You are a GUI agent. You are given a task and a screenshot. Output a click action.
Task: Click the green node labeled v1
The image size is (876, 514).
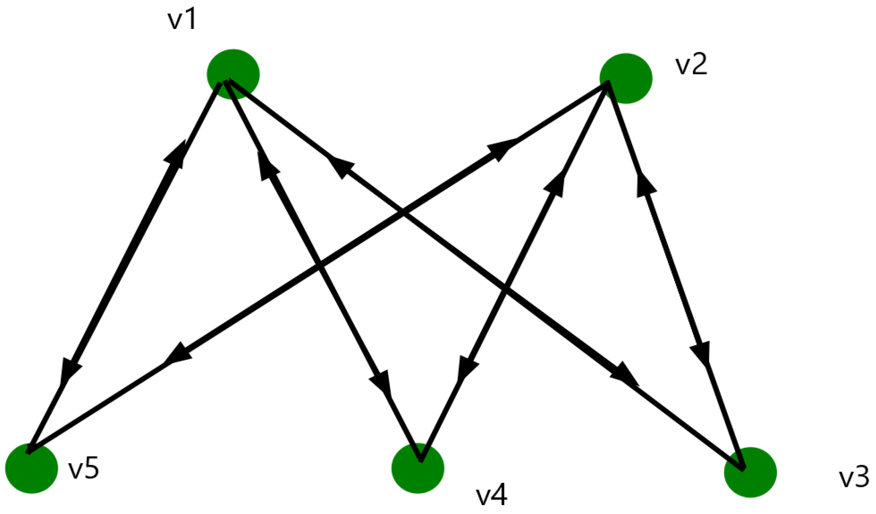point(233,74)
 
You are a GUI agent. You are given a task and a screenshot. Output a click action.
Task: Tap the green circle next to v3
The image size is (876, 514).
point(750,472)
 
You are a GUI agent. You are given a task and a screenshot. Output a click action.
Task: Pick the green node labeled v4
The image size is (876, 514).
point(418,468)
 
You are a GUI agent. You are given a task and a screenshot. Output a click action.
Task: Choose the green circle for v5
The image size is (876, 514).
point(32,468)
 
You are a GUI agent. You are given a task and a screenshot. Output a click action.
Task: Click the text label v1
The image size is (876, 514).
point(182,20)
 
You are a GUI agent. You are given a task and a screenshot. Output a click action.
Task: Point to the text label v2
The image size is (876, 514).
point(691,65)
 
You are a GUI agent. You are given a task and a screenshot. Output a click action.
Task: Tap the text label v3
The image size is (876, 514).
point(854,477)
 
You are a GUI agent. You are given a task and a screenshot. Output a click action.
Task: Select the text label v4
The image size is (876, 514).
point(491,495)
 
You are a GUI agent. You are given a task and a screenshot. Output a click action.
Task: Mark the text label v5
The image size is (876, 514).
point(84,469)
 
